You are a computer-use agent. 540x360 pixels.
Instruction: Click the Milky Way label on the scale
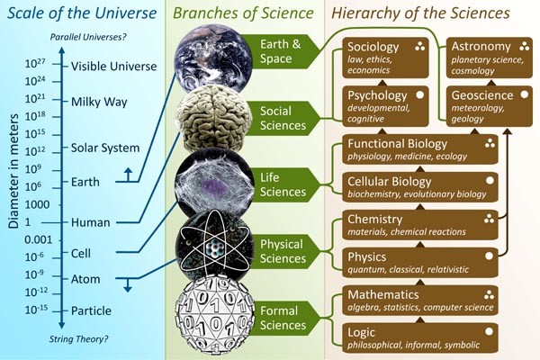(99, 102)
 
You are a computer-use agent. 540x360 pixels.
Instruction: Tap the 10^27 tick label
(35, 63)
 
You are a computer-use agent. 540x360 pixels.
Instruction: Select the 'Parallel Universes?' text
(88, 37)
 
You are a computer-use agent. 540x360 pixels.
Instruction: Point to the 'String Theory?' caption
(78, 339)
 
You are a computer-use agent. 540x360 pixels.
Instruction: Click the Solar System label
(105, 148)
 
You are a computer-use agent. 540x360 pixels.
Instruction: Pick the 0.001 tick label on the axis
(38, 239)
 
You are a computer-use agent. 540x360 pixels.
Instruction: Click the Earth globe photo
(213, 58)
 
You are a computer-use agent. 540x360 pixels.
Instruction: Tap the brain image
(213, 118)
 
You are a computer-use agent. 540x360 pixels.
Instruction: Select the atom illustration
(213, 246)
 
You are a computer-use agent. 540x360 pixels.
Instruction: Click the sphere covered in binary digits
(214, 316)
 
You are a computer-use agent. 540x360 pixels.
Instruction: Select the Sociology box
(385, 58)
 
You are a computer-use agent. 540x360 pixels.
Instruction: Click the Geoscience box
(490, 106)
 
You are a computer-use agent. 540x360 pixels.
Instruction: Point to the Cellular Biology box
(420, 187)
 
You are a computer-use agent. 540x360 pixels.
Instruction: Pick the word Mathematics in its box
(383, 295)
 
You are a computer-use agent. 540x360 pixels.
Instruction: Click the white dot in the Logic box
(489, 332)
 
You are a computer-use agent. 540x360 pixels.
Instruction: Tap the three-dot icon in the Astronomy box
(524, 47)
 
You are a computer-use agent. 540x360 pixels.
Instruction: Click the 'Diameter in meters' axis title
(13, 172)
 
